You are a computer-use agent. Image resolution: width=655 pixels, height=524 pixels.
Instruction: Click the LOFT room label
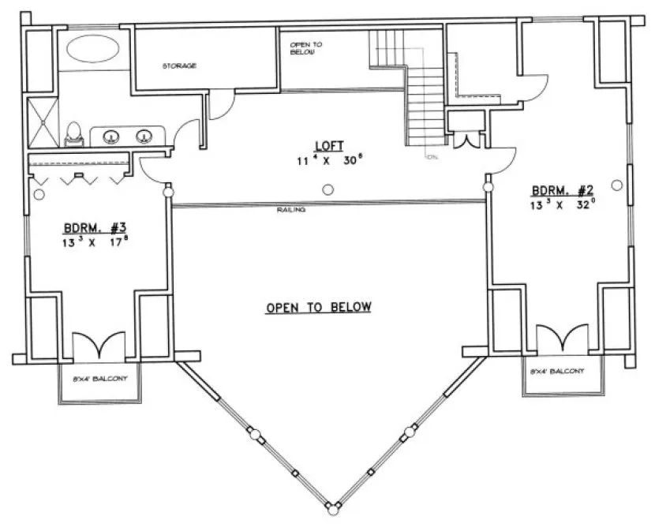pyautogui.click(x=327, y=146)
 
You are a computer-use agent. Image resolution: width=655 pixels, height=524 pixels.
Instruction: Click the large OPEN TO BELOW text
pyautogui.click(x=318, y=308)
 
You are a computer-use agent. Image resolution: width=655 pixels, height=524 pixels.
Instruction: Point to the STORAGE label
pyautogui.click(x=179, y=65)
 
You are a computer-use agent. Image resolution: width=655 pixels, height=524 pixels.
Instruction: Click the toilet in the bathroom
pyautogui.click(x=73, y=134)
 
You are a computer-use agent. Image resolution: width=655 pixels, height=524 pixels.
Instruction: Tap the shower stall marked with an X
pyautogui.click(x=39, y=122)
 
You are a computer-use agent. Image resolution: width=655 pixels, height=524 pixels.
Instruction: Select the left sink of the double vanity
pyautogui.click(x=110, y=135)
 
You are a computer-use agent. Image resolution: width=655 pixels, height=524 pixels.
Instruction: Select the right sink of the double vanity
pyautogui.click(x=144, y=135)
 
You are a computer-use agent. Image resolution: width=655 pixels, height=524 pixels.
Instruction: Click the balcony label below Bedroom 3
pyautogui.click(x=99, y=379)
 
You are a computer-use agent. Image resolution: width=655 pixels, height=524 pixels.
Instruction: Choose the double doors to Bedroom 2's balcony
pyautogui.click(x=561, y=338)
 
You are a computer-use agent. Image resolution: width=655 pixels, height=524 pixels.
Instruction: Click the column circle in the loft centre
pyautogui.click(x=327, y=189)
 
